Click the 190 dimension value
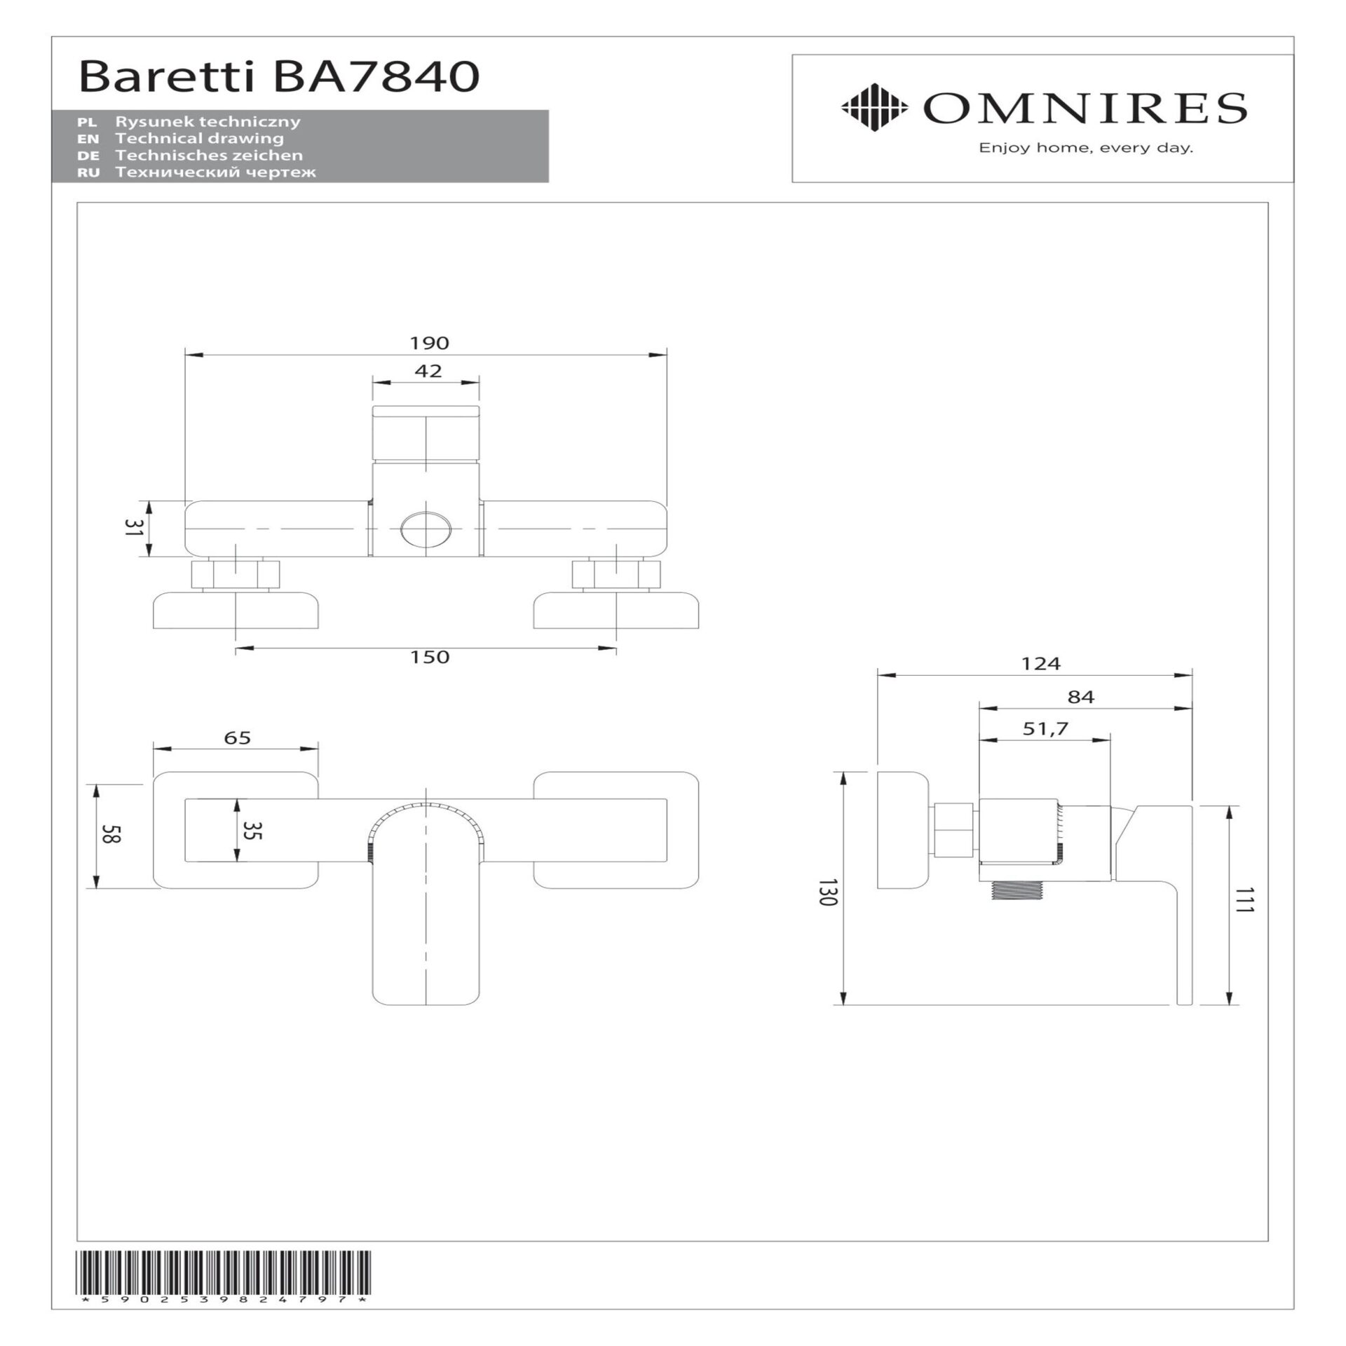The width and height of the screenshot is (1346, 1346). point(429,343)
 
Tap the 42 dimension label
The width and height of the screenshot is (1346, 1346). point(428,371)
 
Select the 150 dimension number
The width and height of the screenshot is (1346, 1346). point(430,657)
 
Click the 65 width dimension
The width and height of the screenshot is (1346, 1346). point(238,738)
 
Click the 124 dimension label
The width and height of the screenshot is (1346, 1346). point(1041,663)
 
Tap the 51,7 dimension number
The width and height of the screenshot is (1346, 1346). point(1045,729)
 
